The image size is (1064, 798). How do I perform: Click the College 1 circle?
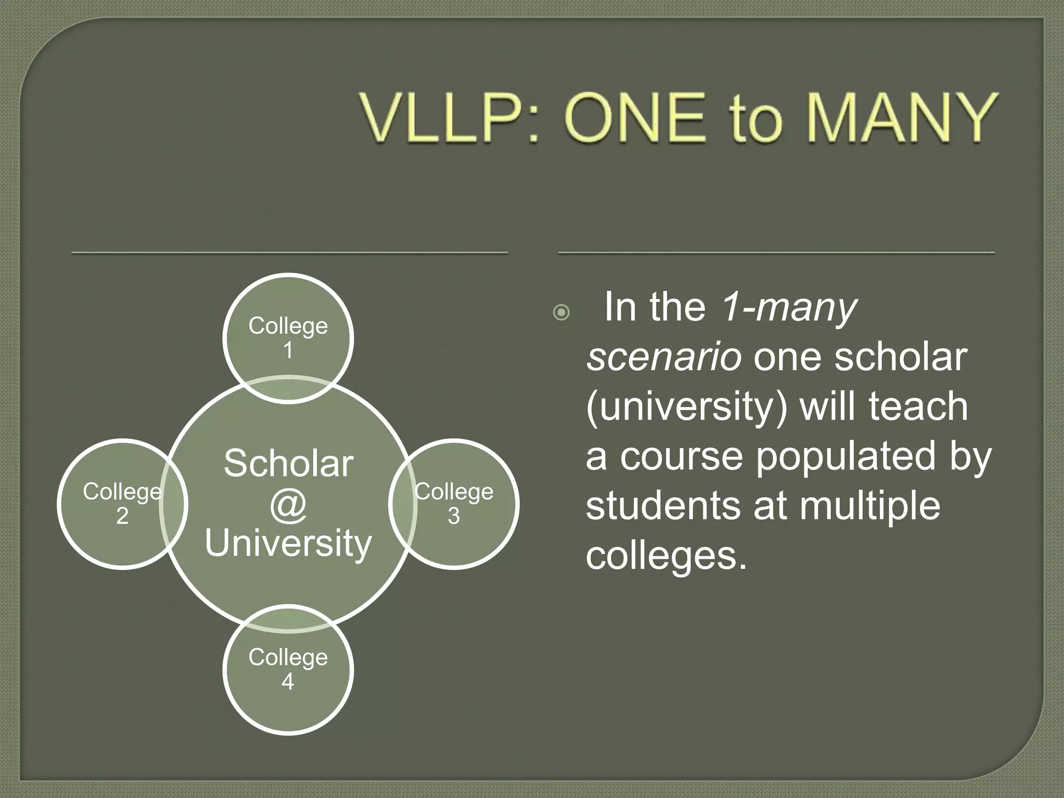(x=288, y=338)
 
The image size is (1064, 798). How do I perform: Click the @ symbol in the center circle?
(x=288, y=504)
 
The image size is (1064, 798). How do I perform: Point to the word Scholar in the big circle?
(x=288, y=463)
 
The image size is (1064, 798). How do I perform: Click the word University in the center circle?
(x=288, y=543)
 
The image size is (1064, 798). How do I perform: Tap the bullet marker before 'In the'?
(x=561, y=312)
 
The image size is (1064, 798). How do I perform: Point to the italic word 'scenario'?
(x=663, y=357)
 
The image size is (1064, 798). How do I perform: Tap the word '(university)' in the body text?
(x=686, y=407)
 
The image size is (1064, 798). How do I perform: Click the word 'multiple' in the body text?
(x=870, y=506)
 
